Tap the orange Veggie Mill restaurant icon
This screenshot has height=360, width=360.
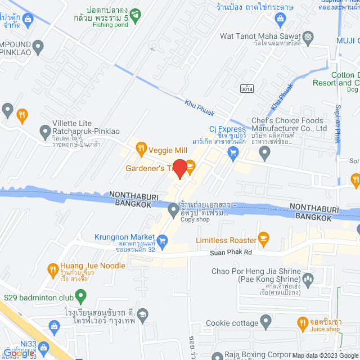click(141, 149)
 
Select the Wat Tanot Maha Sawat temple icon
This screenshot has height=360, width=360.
click(308, 37)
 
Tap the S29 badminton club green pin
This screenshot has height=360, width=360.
click(80, 295)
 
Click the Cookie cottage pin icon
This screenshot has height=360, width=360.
click(265, 322)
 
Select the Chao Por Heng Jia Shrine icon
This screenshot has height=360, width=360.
click(308, 278)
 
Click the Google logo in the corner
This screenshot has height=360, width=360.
click(18, 353)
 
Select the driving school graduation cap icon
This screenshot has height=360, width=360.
click(143, 314)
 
